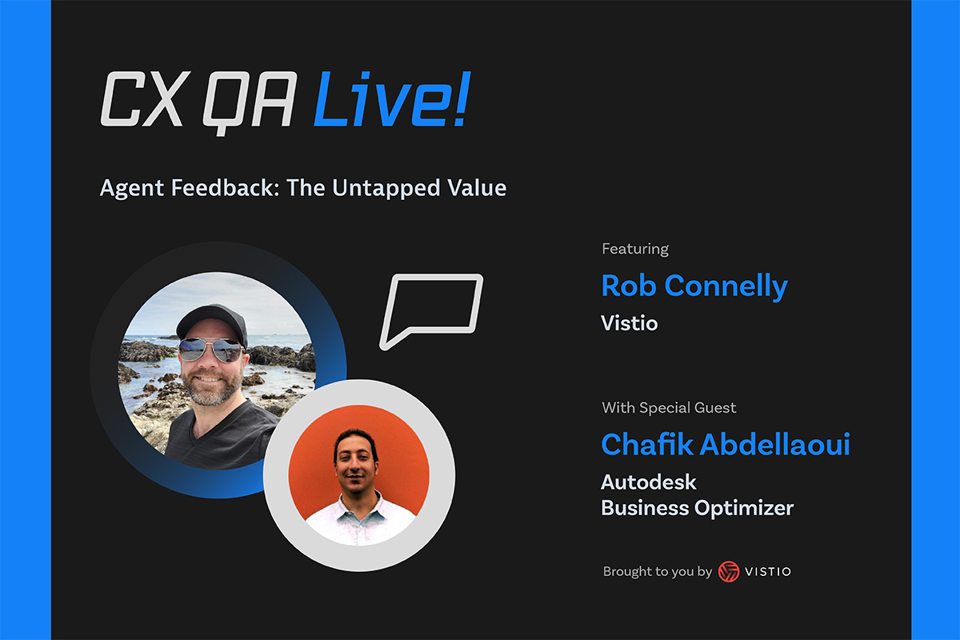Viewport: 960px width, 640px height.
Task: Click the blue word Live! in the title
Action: [x=392, y=99]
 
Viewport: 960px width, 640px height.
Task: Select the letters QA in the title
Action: [x=250, y=103]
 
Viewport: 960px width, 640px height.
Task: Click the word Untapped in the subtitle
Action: [x=386, y=188]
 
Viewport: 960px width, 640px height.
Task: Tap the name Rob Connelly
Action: [x=694, y=286]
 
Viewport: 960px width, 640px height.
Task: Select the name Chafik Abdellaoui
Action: [x=726, y=444]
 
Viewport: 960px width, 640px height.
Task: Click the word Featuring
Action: [x=635, y=249]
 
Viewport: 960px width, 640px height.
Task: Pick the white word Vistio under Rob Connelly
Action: [x=629, y=323]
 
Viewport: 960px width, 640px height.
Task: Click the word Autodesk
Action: [x=649, y=482]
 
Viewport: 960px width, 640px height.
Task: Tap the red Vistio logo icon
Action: [x=729, y=571]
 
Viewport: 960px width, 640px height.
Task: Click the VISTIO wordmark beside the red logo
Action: [x=768, y=572]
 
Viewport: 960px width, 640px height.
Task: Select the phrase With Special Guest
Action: [x=669, y=408]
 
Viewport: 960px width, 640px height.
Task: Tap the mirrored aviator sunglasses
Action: [x=210, y=350]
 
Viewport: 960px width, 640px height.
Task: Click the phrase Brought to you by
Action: [x=657, y=572]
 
